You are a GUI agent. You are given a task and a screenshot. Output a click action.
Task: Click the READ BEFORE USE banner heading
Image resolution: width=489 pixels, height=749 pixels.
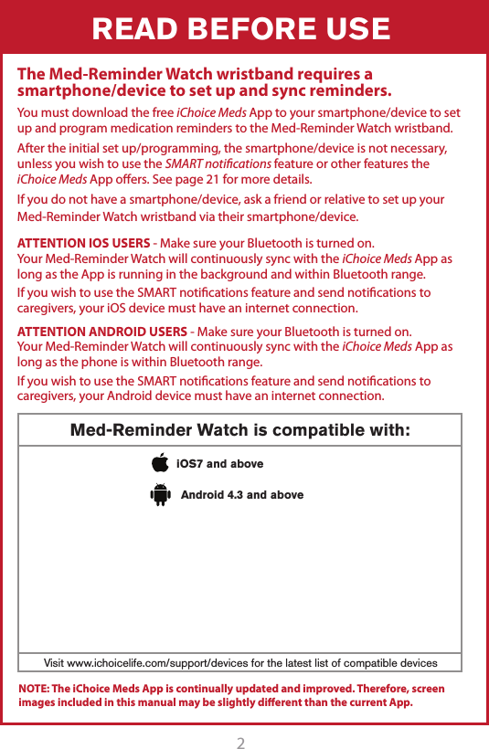click(241, 29)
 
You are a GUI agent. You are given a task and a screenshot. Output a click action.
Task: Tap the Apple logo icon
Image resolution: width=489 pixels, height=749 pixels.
click(161, 464)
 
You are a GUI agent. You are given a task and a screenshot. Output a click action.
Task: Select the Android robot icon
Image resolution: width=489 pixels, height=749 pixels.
click(161, 495)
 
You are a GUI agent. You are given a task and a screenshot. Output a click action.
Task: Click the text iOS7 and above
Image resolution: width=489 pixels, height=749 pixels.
click(219, 464)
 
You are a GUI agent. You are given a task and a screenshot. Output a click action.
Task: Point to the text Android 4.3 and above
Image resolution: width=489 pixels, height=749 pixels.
click(242, 495)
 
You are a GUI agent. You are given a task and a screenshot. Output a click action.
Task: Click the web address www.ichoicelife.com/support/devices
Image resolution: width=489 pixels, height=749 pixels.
click(173, 662)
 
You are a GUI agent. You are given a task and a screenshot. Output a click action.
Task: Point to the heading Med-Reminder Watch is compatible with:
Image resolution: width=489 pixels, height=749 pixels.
click(240, 430)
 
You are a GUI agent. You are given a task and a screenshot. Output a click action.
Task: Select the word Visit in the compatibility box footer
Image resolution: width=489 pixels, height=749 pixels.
click(58, 662)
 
